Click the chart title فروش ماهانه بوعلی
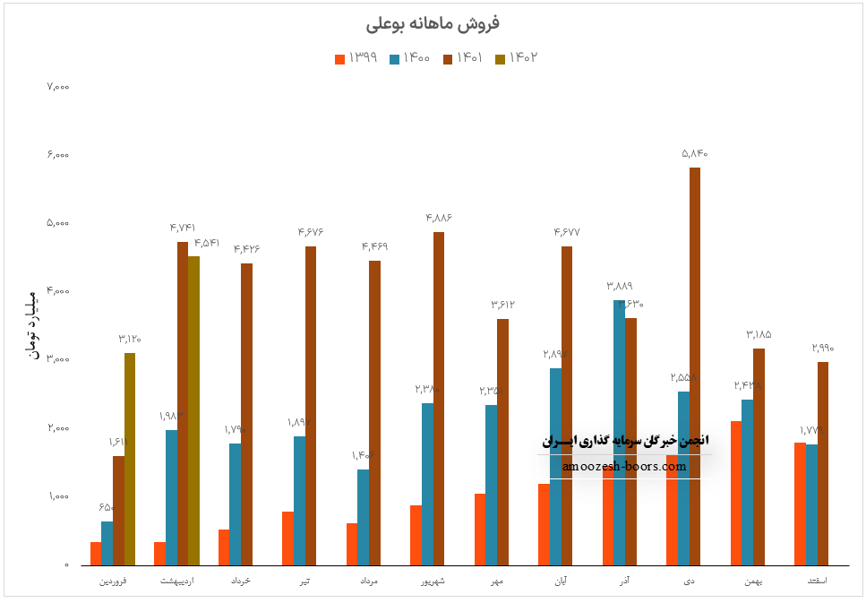click(433, 22)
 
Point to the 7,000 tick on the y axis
click(57, 87)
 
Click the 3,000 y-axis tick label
click(57, 360)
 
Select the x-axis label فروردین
click(113, 581)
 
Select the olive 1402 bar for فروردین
click(130, 459)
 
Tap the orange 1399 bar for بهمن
click(735, 493)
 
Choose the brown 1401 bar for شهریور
click(439, 399)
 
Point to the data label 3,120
click(130, 339)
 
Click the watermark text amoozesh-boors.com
click(624, 466)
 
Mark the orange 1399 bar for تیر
click(287, 538)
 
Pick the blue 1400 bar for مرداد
click(363, 517)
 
